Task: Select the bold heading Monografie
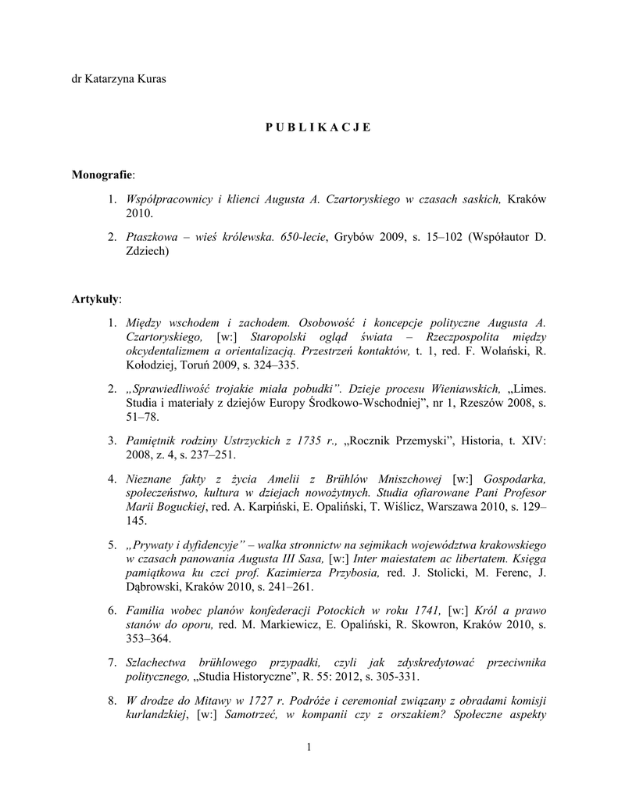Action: [x=102, y=177]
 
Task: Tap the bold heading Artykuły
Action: [x=96, y=298]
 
